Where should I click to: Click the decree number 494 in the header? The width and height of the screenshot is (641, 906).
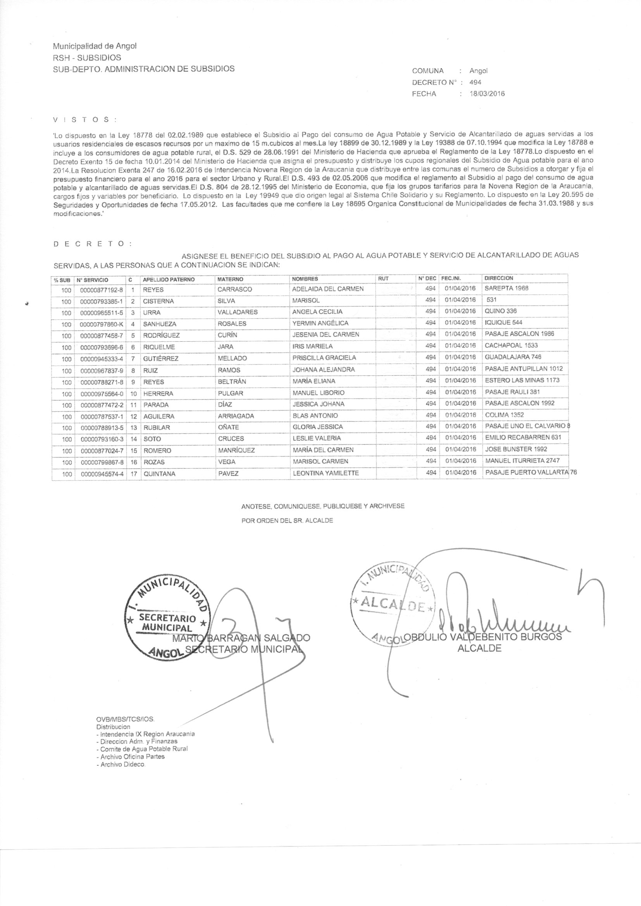[x=475, y=83]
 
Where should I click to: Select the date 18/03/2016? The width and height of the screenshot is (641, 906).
[x=487, y=94]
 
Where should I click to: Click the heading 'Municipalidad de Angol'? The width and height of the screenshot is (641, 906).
[x=95, y=46]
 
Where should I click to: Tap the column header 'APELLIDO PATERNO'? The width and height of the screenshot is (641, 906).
[x=169, y=279]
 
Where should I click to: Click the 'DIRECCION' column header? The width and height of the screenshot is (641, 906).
[x=498, y=278]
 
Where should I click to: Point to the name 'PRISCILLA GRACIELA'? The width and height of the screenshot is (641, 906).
[x=324, y=358]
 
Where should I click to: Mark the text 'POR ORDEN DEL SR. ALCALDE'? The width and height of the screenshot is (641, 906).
[x=287, y=521]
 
